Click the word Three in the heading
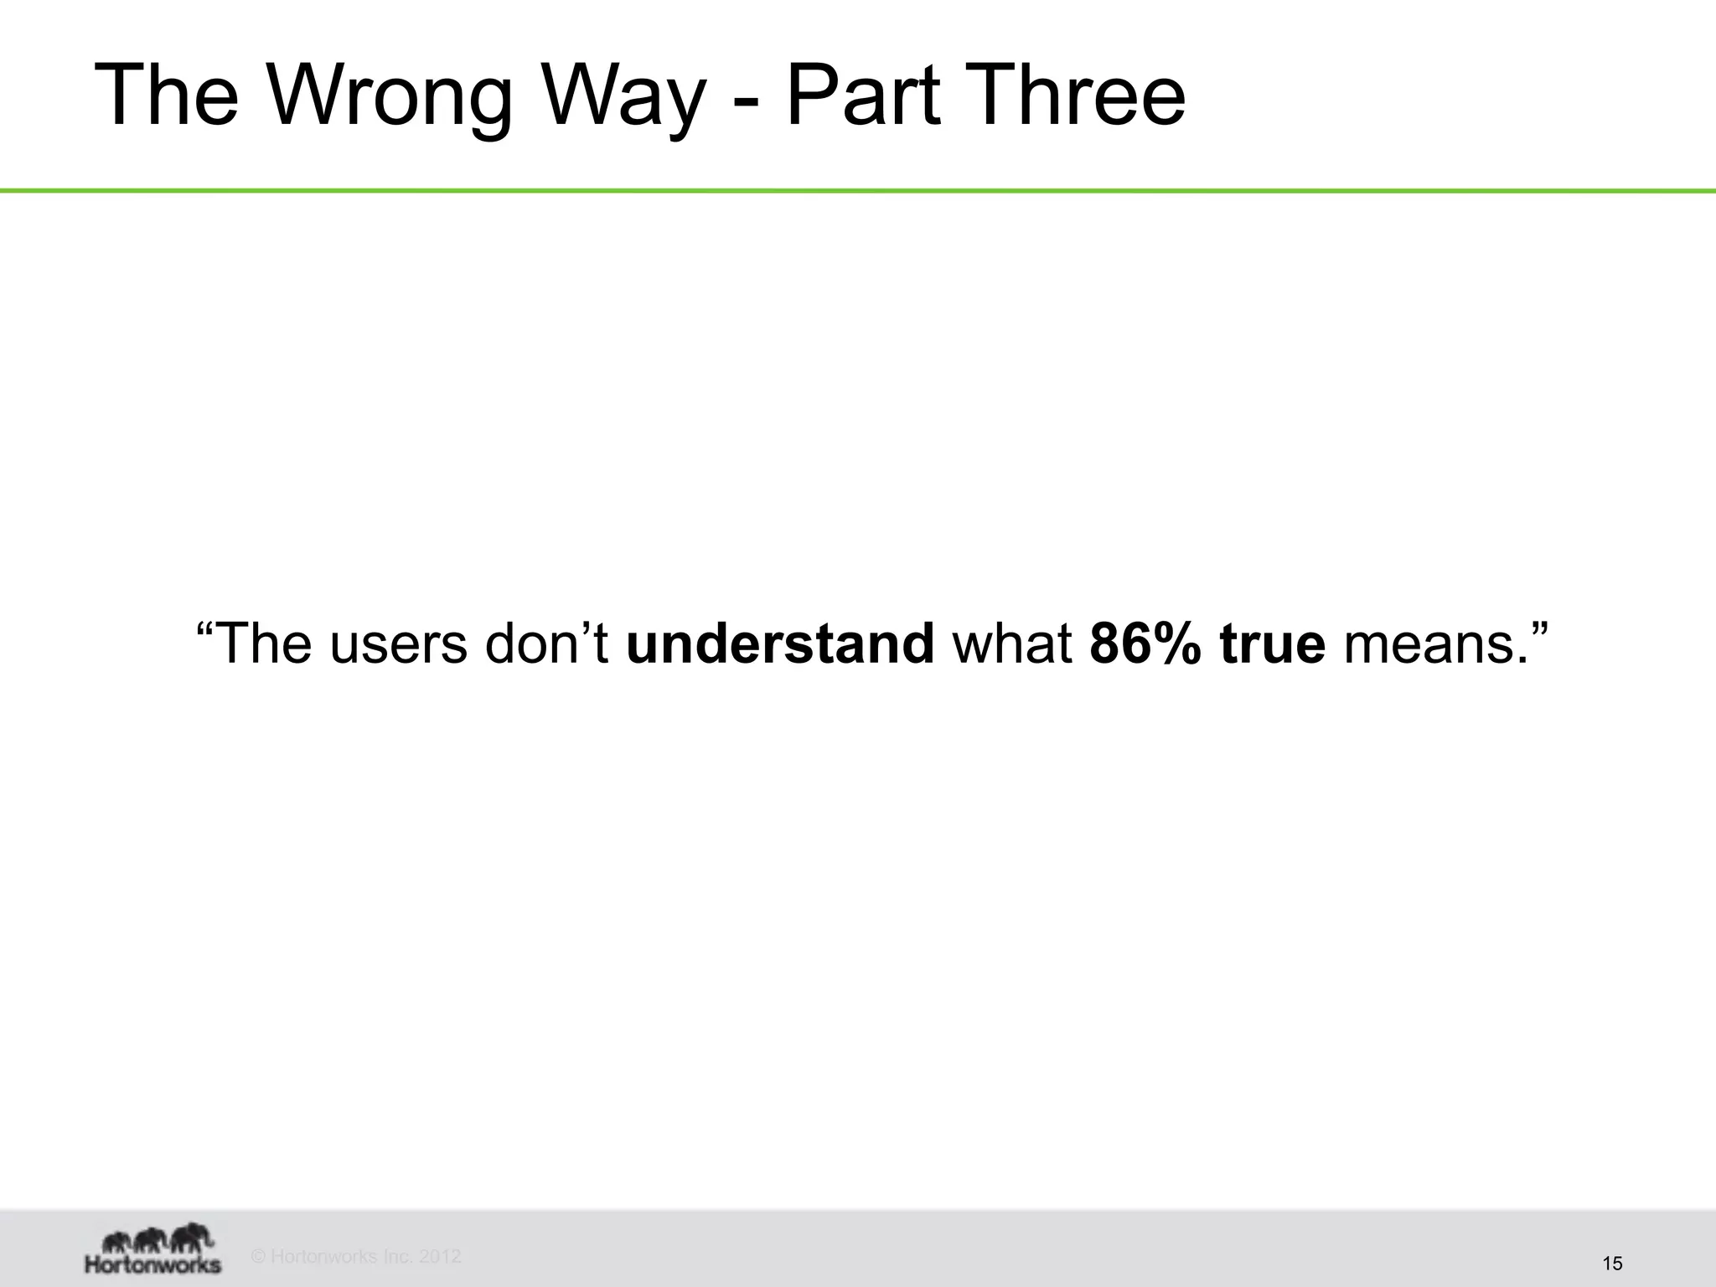1081,96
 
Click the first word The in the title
167,96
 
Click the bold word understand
780,643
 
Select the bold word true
1273,643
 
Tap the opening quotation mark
205,628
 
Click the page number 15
1612,1264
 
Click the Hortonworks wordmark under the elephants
153,1264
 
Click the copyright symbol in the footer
259,1256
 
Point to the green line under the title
858,191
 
